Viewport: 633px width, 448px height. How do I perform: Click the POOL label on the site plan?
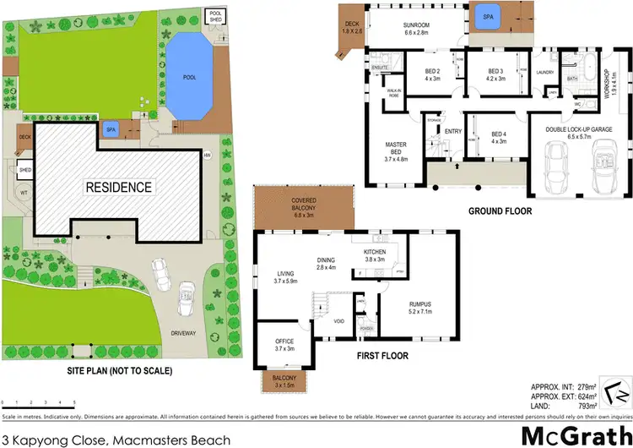pos(189,75)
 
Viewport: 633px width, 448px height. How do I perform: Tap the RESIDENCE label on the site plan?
pos(117,187)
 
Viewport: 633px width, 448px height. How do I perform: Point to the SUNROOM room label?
pos(415,25)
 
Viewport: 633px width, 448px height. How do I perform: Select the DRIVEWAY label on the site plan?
pos(183,333)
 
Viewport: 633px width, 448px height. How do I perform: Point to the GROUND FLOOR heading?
pos(502,210)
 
